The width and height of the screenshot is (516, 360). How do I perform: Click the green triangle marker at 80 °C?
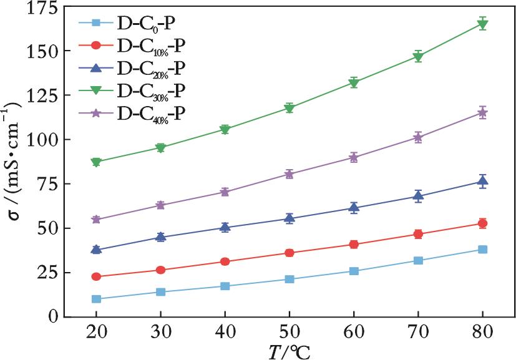point(482,24)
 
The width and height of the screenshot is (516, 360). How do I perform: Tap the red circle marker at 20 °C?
point(96,276)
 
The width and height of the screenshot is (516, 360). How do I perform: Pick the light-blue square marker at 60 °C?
point(354,271)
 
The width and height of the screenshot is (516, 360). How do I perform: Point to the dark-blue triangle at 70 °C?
point(418,196)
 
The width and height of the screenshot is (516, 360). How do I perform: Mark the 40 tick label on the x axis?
point(225,332)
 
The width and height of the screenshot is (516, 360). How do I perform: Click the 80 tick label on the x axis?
point(482,332)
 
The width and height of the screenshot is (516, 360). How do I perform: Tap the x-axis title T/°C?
point(289,350)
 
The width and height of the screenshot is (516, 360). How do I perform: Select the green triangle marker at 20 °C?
point(96,162)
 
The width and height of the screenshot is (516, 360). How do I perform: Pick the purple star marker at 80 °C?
point(482,113)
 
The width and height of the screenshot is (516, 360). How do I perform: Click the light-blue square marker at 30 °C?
point(160,292)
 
